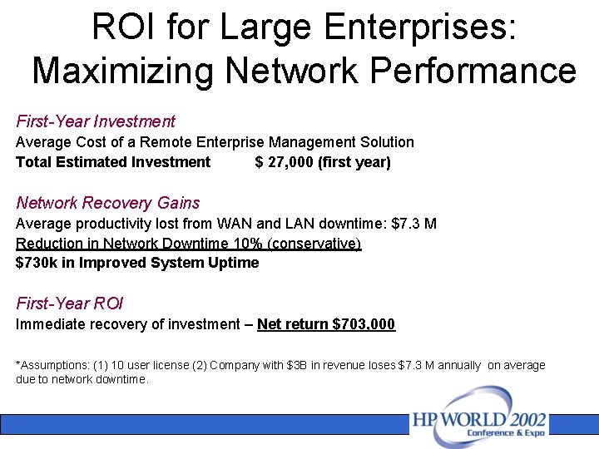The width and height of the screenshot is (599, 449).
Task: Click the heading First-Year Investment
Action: coord(96,121)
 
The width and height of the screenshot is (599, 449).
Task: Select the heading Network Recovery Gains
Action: coord(108,203)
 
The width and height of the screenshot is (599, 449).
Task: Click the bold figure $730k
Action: coord(34,263)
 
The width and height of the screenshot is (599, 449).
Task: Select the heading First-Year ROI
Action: coord(70,303)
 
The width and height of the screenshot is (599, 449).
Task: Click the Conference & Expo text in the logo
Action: coord(506,432)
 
